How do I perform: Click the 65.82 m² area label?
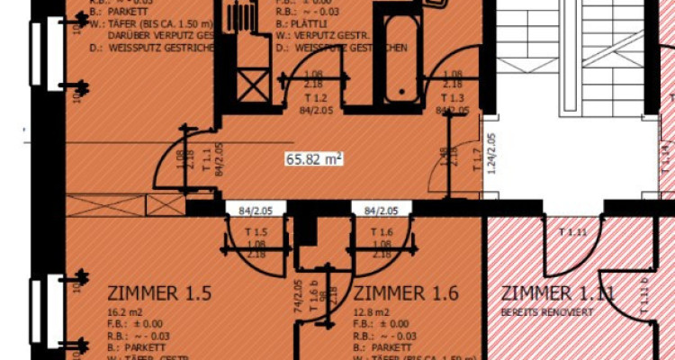point(315,159)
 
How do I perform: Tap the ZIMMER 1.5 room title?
point(160,293)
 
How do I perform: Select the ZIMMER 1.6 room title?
point(408,293)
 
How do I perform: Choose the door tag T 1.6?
point(382,232)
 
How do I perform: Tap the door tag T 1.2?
point(314,95)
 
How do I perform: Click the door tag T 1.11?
point(572,232)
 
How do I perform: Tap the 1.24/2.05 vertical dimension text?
point(491,158)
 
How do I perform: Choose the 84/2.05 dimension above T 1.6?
point(382,210)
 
